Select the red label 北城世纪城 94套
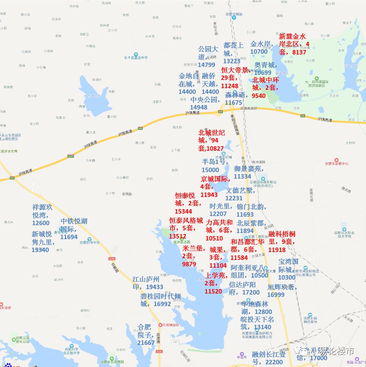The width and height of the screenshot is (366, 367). pos(211,140)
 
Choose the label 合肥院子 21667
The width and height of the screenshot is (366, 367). pos(145,335)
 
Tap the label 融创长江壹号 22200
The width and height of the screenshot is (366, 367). pos(267,358)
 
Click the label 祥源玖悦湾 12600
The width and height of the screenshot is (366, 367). pos(42,215)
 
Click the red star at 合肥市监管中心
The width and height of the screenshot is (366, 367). pos(336,160)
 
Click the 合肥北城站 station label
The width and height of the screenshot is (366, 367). pos(234,14)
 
